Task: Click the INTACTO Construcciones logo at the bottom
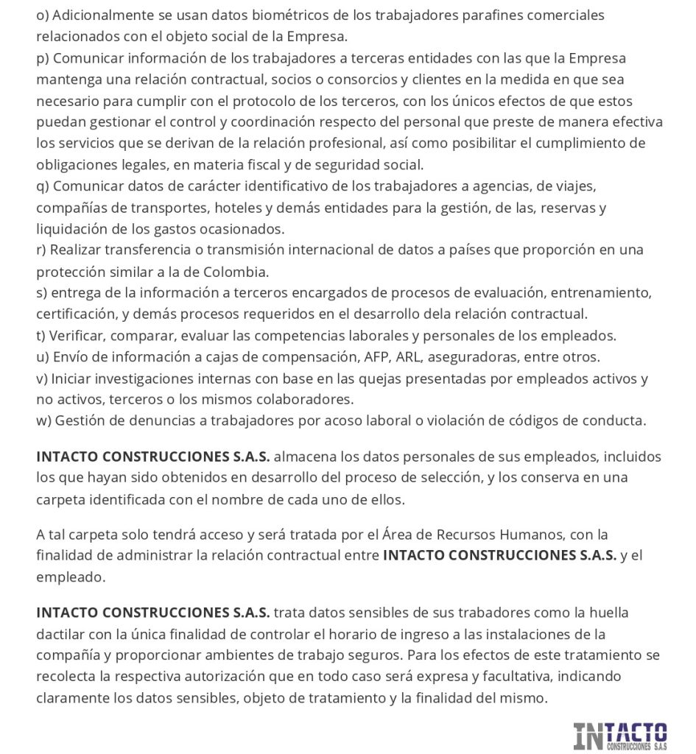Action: [x=620, y=736]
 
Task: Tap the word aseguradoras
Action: [x=479, y=357]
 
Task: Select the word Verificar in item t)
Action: [x=77, y=336]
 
